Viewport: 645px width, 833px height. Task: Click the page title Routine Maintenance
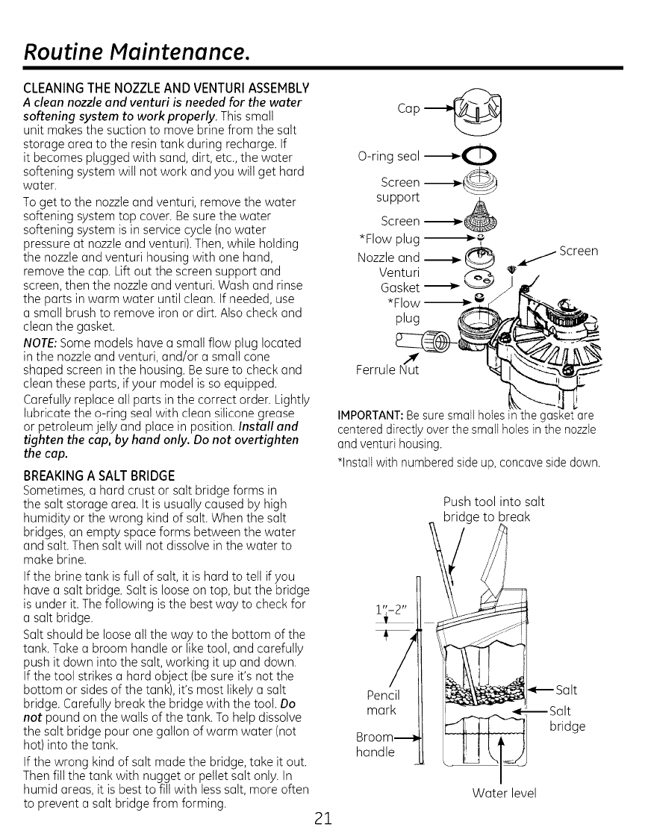point(134,52)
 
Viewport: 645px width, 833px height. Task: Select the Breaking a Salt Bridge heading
point(99,475)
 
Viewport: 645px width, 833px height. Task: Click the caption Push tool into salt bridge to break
point(493,508)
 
